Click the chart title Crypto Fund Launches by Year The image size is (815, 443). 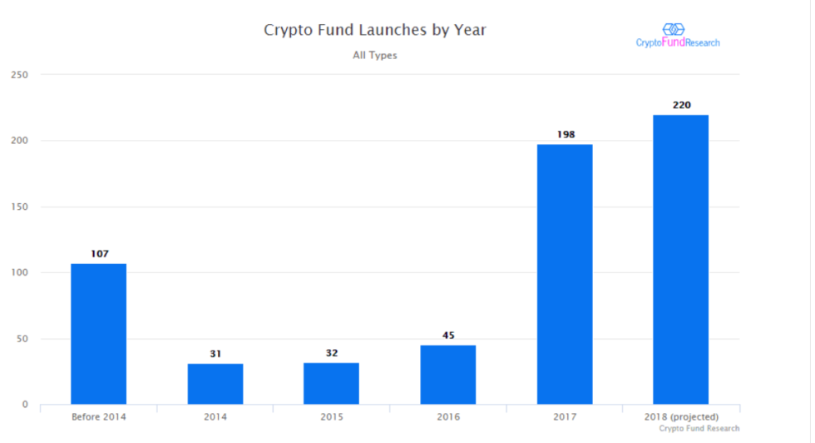(374, 30)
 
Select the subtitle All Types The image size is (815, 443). (375, 56)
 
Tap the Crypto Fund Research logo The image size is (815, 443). (677, 36)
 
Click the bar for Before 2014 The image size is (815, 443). (98, 334)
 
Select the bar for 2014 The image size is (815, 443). (215, 384)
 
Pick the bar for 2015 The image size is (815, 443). (331, 383)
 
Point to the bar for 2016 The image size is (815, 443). (447, 375)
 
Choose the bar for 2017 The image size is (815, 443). (565, 275)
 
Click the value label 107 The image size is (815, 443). (100, 254)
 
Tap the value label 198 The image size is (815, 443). (565, 135)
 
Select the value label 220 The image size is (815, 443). (681, 106)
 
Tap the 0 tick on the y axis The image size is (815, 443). (25, 406)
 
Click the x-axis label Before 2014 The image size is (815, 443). (98, 416)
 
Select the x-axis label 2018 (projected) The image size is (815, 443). (681, 416)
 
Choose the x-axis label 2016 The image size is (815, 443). (448, 416)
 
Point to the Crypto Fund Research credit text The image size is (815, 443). (699, 429)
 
